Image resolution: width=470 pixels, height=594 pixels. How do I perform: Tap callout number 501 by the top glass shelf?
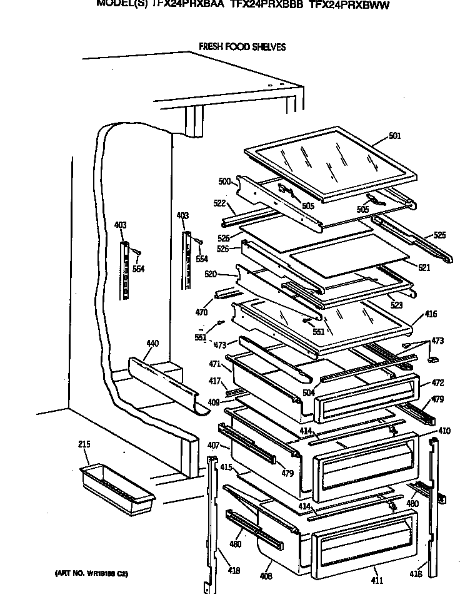[x=394, y=136]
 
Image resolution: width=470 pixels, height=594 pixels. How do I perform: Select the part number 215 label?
[x=84, y=444]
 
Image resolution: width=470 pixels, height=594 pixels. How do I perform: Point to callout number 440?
[x=152, y=343]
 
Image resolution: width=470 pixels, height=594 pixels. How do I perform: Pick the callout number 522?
[x=219, y=203]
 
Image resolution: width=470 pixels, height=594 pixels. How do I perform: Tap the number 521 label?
[x=424, y=267]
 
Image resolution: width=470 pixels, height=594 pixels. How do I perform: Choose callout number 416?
[x=431, y=314]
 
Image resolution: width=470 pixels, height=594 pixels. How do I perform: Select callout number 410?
[x=444, y=431]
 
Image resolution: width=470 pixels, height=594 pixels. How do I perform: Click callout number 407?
[x=212, y=446]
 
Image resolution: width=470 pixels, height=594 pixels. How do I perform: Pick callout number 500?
[x=225, y=182]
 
